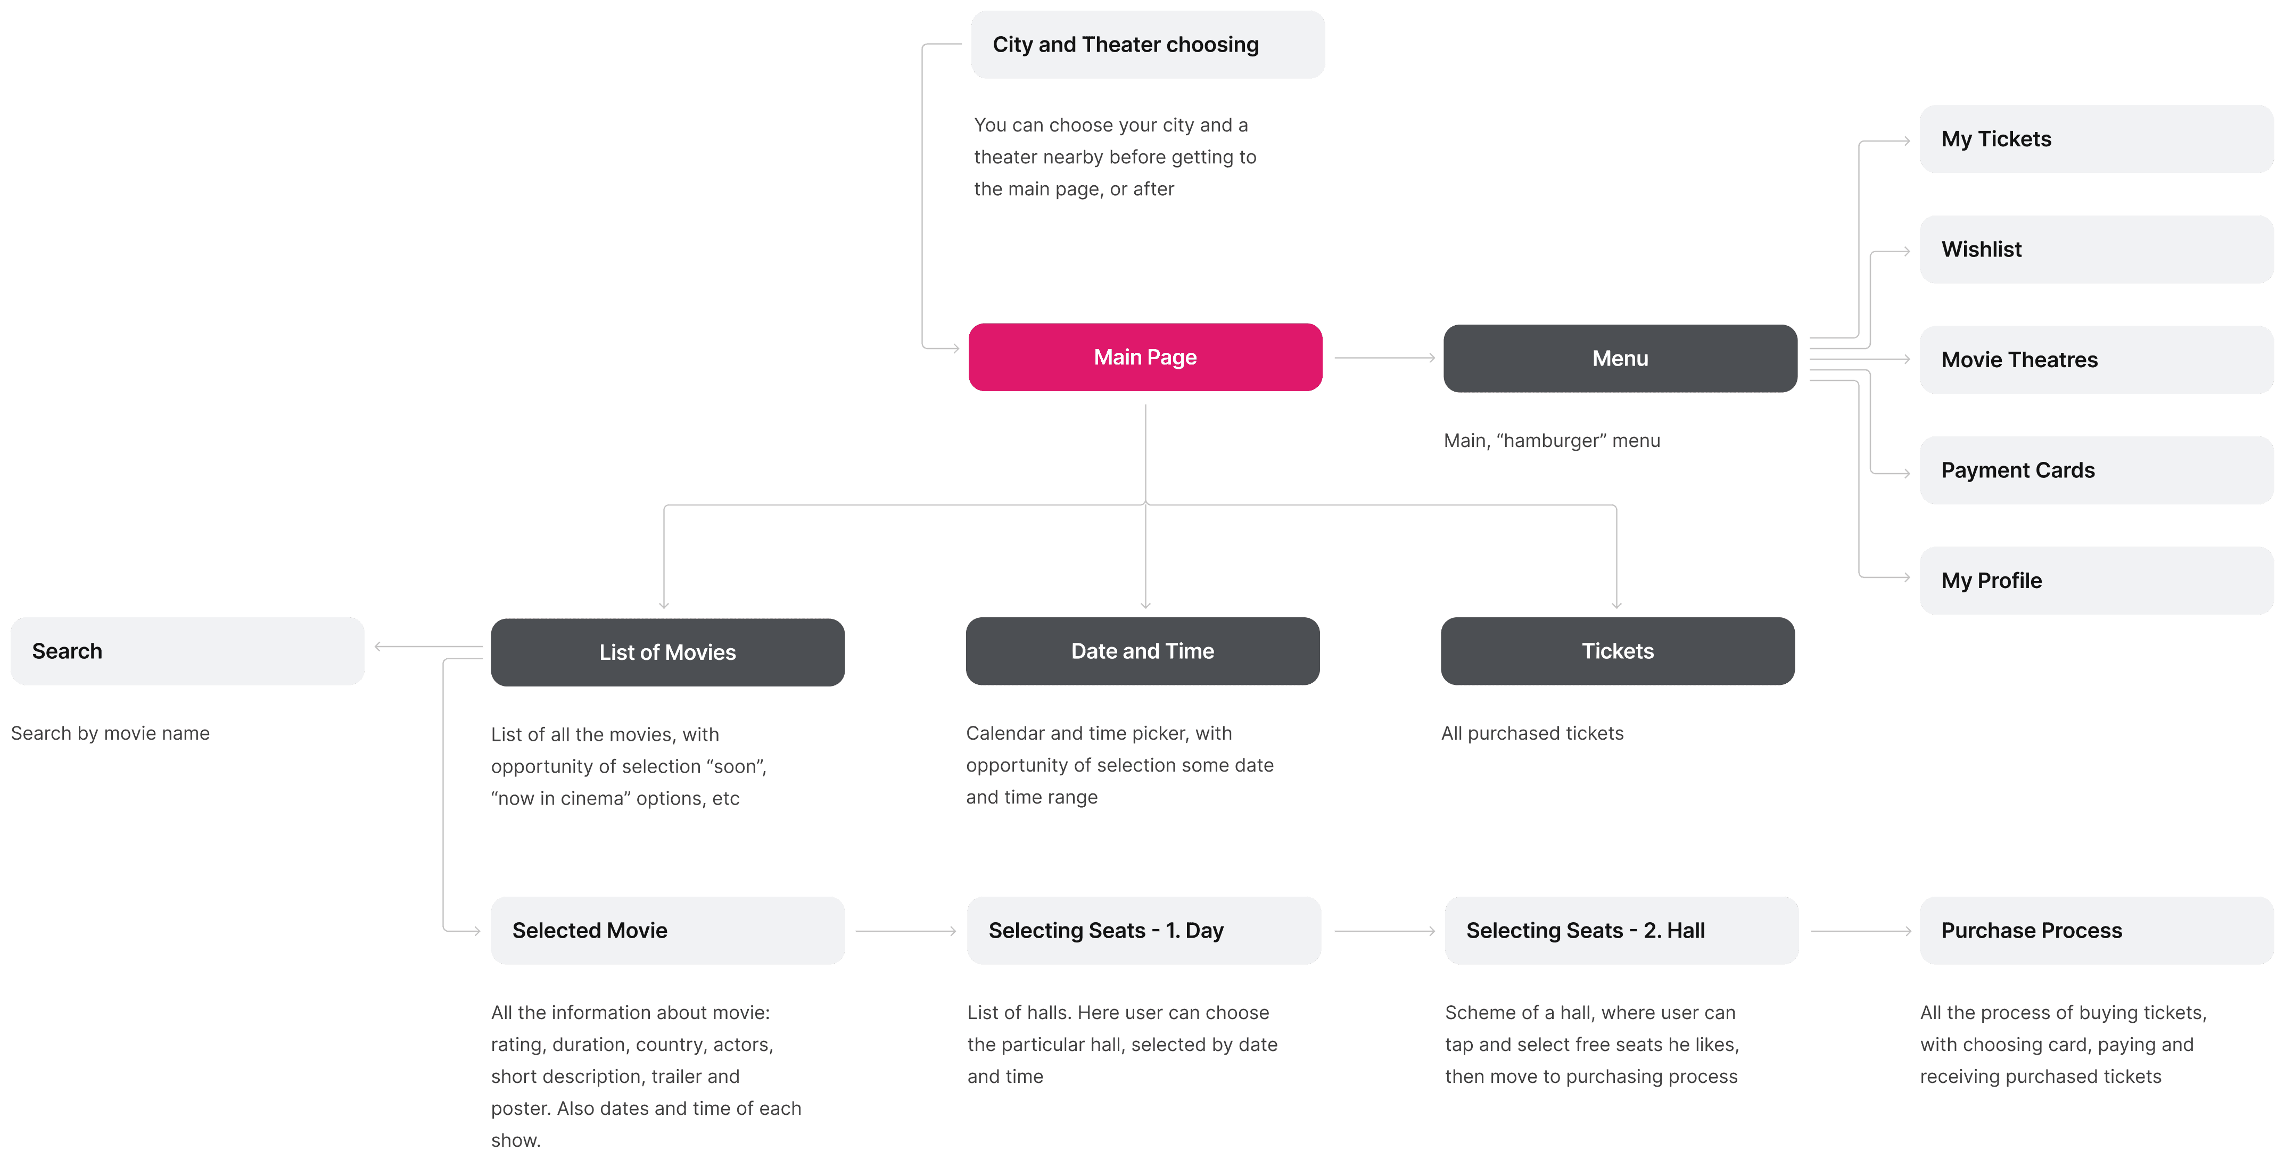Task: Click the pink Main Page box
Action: (x=1145, y=358)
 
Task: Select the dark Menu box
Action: (x=1620, y=358)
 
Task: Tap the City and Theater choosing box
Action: (x=1148, y=44)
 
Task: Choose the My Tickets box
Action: (x=2096, y=139)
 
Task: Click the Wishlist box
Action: (x=2096, y=249)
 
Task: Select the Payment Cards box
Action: (x=2096, y=470)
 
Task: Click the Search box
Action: (x=187, y=651)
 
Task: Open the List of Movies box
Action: (x=667, y=652)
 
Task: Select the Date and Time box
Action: (x=1142, y=651)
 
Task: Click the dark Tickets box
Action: (x=1618, y=651)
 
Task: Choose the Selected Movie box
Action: (x=667, y=930)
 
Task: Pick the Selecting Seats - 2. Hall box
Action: (x=1621, y=930)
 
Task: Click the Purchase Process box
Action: (x=2096, y=930)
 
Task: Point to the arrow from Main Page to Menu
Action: (x=1384, y=358)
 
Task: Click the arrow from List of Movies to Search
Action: (x=428, y=647)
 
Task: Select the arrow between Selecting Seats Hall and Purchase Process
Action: (x=1861, y=931)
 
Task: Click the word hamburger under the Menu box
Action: (x=1552, y=441)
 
